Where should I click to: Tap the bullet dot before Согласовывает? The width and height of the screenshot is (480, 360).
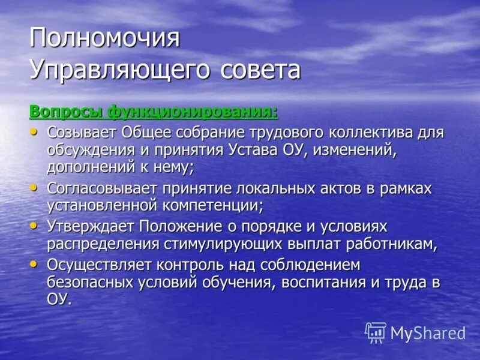tap(34, 187)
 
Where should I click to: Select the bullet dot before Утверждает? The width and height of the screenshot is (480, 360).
tap(34, 226)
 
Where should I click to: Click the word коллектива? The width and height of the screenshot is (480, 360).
tap(359, 132)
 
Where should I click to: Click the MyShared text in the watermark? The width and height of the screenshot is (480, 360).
tap(428, 333)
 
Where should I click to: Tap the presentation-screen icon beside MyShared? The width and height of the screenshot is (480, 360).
tap(376, 332)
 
